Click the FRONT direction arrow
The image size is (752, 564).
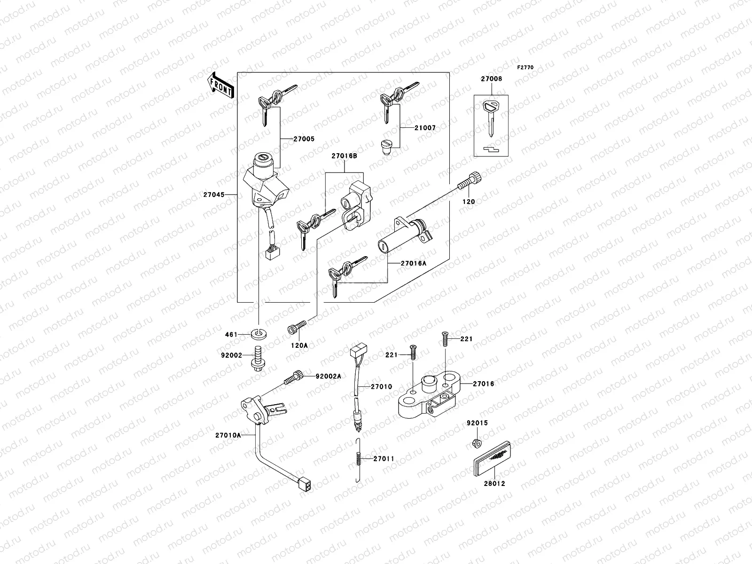tap(221, 86)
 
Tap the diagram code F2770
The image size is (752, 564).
tap(525, 68)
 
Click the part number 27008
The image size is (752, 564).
tap(491, 79)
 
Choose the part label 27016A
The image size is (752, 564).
tap(414, 264)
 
